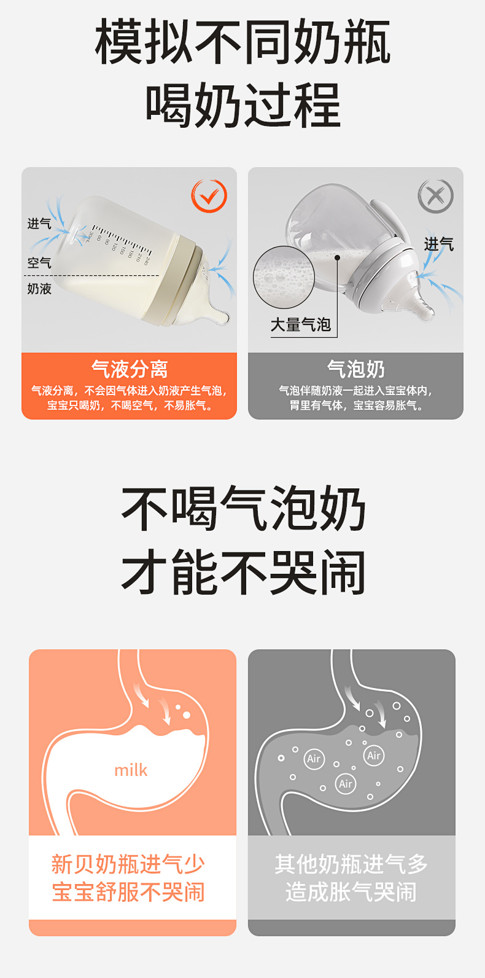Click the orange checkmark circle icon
pos(209,196)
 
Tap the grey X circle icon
pos(436,196)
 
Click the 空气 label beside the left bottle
pos(39,263)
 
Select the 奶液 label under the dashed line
pos(39,289)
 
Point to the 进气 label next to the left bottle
pos(39,224)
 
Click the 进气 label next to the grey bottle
pos(439,244)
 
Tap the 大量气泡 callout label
pos(300,325)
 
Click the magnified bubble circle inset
pos(284,277)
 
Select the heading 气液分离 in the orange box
pos(130,369)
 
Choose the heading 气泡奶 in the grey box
pos(356,369)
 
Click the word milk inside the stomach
pos(131,770)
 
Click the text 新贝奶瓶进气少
pos(128,864)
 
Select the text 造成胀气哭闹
pos(351,891)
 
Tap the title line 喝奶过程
pos(243,106)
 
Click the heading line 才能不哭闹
pos(243,573)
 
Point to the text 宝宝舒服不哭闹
pos(128,891)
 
